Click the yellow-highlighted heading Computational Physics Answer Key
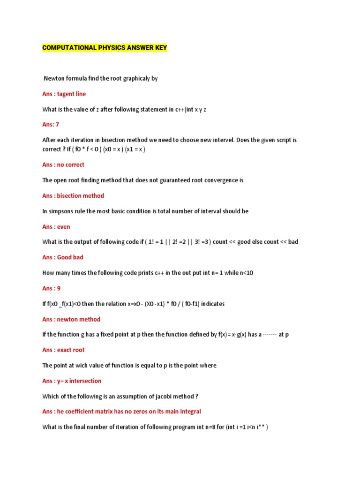pos(105,48)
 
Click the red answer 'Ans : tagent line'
pos(64,94)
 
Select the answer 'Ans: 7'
pos(51,125)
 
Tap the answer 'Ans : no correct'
pos(63,165)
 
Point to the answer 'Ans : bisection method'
pos(73,196)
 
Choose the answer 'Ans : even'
pos(56,227)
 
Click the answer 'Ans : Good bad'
pos(63,257)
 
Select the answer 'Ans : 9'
pos(52,288)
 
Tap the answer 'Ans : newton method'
pos(71,319)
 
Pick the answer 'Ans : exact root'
pos(63,350)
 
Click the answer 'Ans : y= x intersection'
pos(72,381)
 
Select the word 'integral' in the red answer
pos(188,412)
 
